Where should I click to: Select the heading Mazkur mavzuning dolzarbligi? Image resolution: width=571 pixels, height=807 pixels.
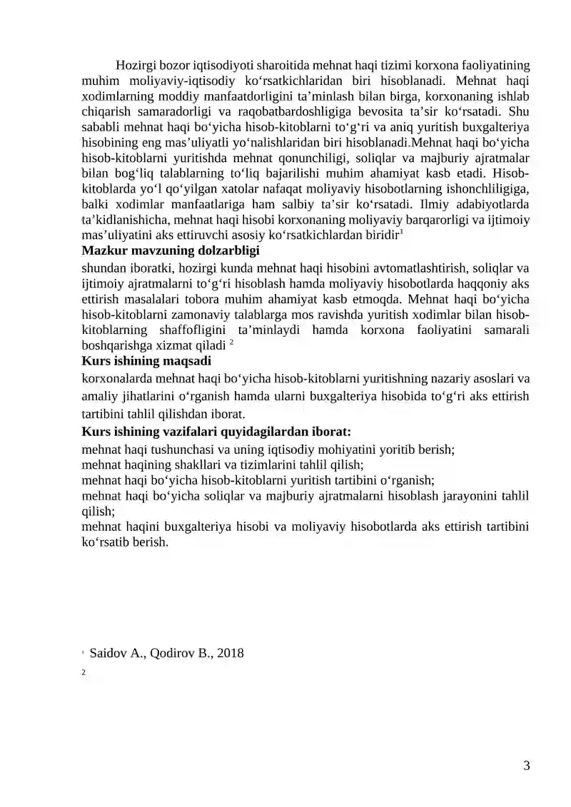coord(171,250)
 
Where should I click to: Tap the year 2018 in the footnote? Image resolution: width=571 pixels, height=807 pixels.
coord(231,652)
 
